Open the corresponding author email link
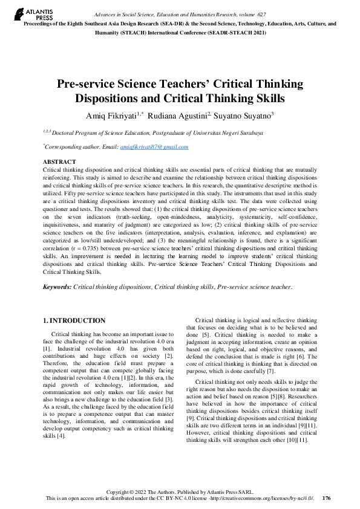[x=154, y=147]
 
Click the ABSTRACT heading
[x=59, y=162]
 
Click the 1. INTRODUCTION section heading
[x=75, y=320]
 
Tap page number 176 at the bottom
[x=327, y=498]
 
